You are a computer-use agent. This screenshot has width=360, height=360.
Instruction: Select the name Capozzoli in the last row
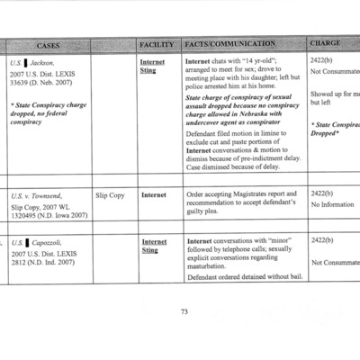click(x=47, y=245)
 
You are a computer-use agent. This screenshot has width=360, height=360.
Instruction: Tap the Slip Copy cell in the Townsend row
click(x=110, y=194)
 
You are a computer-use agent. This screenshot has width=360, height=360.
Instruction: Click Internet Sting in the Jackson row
click(x=153, y=67)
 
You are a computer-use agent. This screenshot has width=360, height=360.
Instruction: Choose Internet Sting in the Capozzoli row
click(x=153, y=246)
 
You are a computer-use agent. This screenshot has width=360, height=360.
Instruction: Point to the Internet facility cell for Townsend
click(x=154, y=194)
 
